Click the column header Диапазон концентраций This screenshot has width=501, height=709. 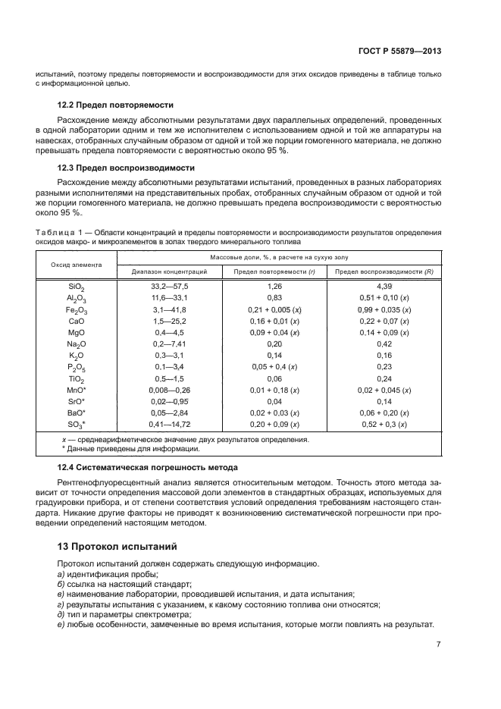click(169, 271)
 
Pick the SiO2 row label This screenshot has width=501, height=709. click(77, 287)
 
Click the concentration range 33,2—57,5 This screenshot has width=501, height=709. click(169, 287)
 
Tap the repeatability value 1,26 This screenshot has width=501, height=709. click(274, 287)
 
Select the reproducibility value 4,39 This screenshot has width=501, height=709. click(384, 287)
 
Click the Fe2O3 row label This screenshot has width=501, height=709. click(77, 310)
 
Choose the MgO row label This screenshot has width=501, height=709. click(77, 333)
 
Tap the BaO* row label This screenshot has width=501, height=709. click(77, 413)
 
